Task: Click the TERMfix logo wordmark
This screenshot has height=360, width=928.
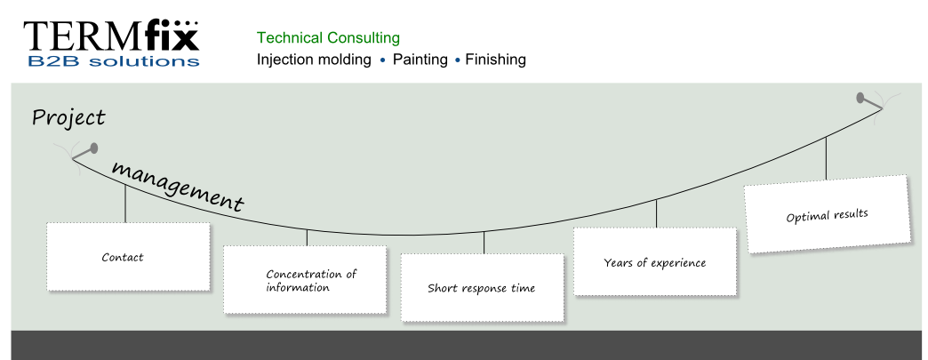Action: pos(111,36)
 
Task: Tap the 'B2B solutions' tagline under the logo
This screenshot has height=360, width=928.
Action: pos(114,60)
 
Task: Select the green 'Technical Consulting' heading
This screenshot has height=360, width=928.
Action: pos(329,38)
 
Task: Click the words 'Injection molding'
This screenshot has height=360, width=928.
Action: pos(315,60)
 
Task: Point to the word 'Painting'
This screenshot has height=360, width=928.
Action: pos(420,60)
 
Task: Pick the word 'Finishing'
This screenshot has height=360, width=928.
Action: pos(495,60)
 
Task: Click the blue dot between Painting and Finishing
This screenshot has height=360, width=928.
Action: pos(457,60)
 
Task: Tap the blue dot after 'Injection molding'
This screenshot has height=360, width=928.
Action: pos(382,60)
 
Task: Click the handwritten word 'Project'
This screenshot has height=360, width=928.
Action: pos(68,118)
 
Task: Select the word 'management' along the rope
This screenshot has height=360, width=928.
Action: pos(178,186)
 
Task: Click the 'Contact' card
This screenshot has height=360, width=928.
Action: pos(128,257)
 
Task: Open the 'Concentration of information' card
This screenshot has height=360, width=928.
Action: pos(306,280)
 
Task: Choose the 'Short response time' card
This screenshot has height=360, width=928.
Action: pos(483,288)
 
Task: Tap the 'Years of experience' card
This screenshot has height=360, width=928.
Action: pos(655,261)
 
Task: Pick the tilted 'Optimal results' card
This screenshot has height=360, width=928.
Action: pos(828,214)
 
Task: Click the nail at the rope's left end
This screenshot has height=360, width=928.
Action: pos(85,152)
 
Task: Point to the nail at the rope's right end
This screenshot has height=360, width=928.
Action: pos(868,101)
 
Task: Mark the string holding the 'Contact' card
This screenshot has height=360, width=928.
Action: pos(125,204)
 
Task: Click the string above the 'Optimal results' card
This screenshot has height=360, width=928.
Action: pos(826,158)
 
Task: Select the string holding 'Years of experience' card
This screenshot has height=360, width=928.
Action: pos(656,213)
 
